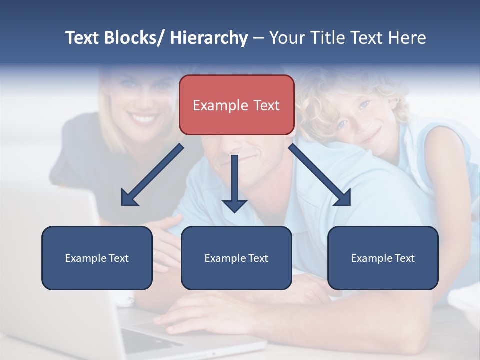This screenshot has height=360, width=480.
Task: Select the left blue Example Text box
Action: pos(97,258)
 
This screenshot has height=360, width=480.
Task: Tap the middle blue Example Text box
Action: pos(236,258)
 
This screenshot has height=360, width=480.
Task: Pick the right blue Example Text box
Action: pos(383,258)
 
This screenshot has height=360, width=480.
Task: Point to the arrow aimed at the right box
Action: pos(320,175)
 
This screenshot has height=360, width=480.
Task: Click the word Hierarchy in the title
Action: pos(208,38)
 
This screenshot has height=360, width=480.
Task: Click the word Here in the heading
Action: pos(407,38)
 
